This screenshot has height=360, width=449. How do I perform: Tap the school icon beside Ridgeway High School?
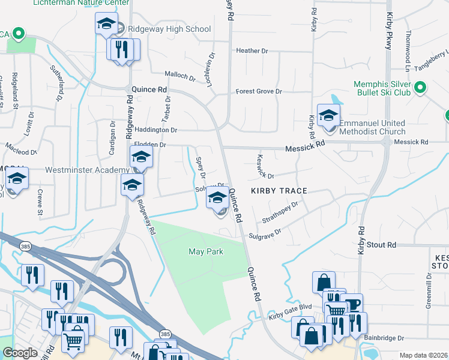click(106, 25)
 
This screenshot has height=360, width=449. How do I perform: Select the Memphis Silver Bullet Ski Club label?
click(373, 88)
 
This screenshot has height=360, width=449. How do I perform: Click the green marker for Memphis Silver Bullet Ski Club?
click(420, 88)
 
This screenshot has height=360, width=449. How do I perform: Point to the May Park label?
click(206, 251)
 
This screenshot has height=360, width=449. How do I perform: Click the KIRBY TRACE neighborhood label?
click(279, 191)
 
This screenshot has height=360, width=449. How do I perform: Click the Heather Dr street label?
click(252, 51)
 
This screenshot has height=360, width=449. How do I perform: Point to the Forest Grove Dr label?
click(259, 91)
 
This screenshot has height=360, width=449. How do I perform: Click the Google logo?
click(19, 353)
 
